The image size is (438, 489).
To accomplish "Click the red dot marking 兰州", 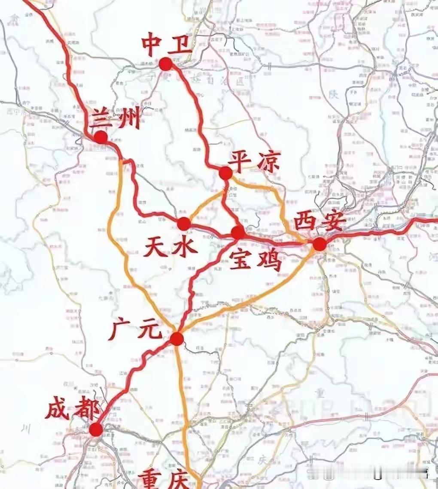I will click(x=101, y=137).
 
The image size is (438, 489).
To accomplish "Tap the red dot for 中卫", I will click(x=165, y=64).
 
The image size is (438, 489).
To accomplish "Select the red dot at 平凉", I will click(x=225, y=173).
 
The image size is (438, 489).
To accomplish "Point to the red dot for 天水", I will click(x=184, y=223).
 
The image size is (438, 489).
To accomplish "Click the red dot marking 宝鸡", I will click(x=238, y=232).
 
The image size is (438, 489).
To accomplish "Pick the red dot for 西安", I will click(x=319, y=244).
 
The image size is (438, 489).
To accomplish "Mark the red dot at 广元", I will click(x=176, y=339).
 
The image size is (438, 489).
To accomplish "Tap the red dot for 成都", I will click(x=96, y=429).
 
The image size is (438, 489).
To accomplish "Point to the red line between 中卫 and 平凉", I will click(x=199, y=116).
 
